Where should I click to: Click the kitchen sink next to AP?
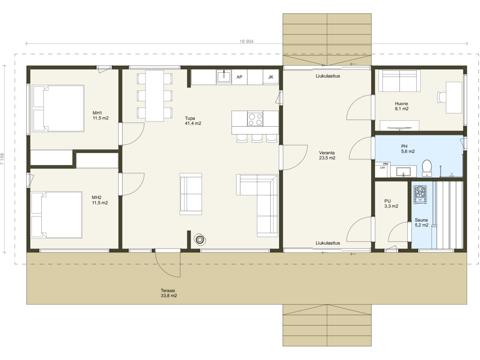224,76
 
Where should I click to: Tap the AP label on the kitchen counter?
239,77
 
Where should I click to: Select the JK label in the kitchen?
270,77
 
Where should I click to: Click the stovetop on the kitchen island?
255,119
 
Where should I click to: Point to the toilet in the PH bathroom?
427,168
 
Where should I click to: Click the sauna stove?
420,195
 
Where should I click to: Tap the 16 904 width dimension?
246,41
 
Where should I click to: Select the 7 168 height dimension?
2,159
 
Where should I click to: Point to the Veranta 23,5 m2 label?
327,155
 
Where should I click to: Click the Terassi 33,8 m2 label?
169,293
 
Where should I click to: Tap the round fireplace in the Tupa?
200,240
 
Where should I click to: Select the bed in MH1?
58,108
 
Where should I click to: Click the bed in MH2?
56,215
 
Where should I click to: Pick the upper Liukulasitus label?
328,76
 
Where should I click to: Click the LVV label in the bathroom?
382,168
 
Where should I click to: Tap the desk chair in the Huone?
442,97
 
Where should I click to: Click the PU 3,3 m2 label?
391,204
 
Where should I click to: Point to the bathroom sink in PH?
404,172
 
